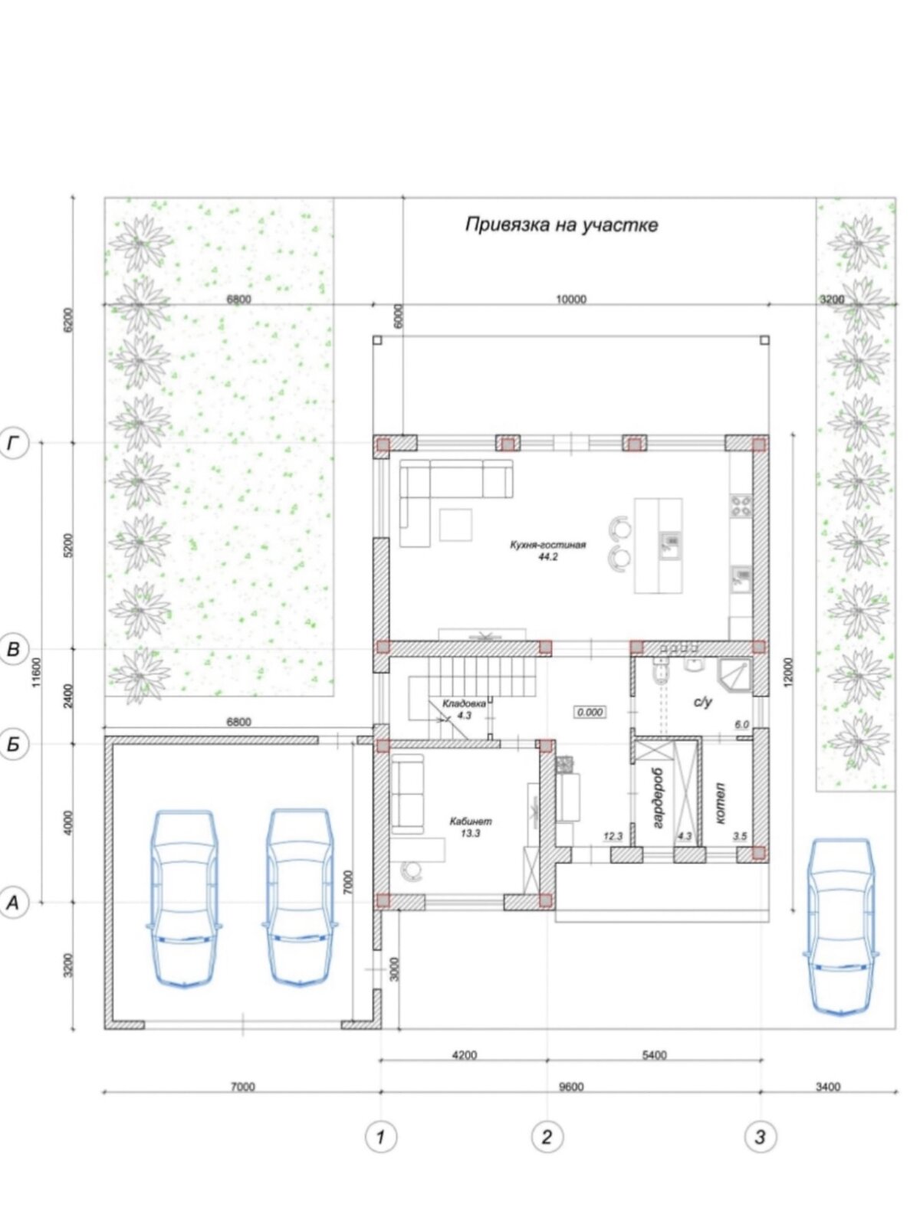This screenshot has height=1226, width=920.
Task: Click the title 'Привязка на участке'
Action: (x=561, y=225)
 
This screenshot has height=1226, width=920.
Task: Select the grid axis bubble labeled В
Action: (x=12, y=649)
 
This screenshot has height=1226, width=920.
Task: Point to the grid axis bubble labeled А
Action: (x=12, y=902)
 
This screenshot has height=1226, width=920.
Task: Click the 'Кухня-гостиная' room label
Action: (x=547, y=545)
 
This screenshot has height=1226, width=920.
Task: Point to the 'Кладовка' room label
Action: (x=464, y=703)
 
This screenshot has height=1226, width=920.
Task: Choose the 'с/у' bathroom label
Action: (x=703, y=703)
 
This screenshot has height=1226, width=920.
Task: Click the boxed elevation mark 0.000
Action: (x=590, y=712)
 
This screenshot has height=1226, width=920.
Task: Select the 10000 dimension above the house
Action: (x=571, y=300)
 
